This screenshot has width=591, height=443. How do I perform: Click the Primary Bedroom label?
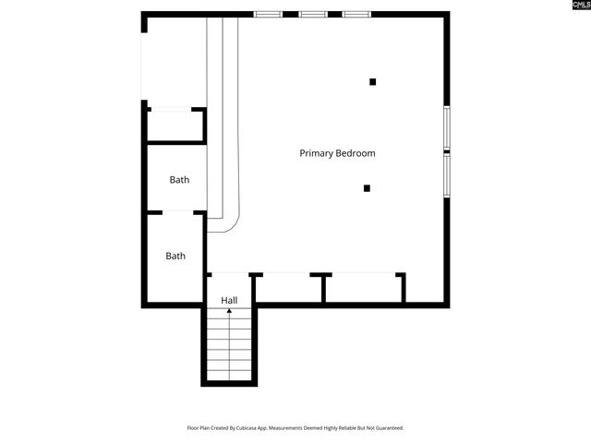pyautogui.click(x=337, y=153)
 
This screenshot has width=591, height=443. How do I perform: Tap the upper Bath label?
pyautogui.click(x=179, y=180)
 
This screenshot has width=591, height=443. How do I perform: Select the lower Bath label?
pyautogui.click(x=175, y=256)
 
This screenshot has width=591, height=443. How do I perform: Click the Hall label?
pyautogui.click(x=229, y=301)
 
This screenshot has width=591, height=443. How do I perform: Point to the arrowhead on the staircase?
pyautogui.click(x=229, y=313)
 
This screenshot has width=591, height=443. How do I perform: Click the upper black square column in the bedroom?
pyautogui.click(x=373, y=82)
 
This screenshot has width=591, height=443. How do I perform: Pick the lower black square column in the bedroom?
pyautogui.click(x=367, y=188)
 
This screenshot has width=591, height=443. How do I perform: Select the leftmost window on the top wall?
pyautogui.click(x=268, y=14)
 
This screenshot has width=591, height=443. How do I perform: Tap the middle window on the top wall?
pyautogui.click(x=312, y=14)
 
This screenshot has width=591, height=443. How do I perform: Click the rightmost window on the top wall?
pyautogui.click(x=356, y=14)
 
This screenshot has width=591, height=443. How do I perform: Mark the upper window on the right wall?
pyautogui.click(x=447, y=127)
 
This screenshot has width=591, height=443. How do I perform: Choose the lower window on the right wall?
pyautogui.click(x=447, y=174)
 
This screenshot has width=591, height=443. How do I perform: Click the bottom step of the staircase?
pyautogui.click(x=229, y=376)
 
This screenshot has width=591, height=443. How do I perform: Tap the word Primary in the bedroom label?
pyautogui.click(x=316, y=153)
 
